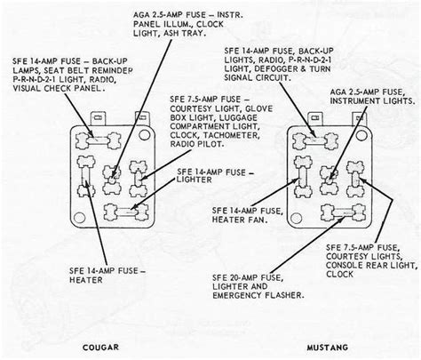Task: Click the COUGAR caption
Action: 100,348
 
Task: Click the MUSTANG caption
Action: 328,348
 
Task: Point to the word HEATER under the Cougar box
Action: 86,280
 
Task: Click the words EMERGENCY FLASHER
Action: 258,295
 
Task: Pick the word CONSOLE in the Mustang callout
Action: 345,265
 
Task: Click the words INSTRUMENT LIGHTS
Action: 372,100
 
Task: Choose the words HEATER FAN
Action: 240,220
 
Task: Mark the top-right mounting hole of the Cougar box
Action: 144,135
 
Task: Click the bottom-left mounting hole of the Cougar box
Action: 79,218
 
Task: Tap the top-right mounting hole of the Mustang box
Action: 361,135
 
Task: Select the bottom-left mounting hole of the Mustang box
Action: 297,219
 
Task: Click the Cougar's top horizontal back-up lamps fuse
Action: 99,140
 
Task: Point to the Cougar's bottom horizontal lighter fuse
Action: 126,212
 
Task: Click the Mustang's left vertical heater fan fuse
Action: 303,177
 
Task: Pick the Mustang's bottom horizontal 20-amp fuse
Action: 343,212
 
